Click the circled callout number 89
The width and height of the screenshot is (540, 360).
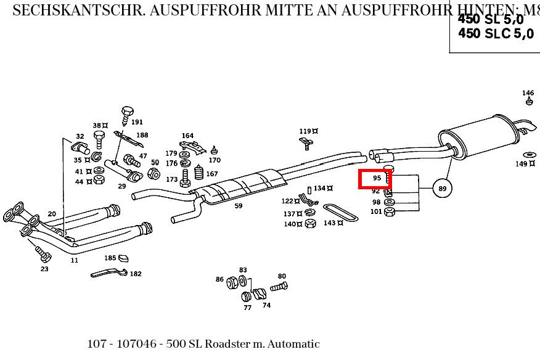pos(442,188)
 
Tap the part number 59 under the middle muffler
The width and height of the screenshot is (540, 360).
pos(238,206)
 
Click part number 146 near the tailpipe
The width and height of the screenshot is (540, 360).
pos(528,94)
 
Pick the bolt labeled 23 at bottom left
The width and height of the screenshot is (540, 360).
pos(43,253)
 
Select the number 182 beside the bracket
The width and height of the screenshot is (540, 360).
pos(135,274)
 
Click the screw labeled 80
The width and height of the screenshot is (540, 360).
pos(279,286)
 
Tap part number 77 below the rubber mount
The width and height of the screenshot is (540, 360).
pos(247,307)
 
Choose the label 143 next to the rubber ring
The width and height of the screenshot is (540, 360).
pos(329,223)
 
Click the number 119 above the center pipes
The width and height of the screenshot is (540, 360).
pos(305,131)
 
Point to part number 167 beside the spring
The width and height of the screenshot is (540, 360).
pos(211,174)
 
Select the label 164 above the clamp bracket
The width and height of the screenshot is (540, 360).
pos(187,136)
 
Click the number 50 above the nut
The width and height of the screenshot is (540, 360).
pos(155,163)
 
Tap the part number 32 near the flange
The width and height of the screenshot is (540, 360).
pos(80,136)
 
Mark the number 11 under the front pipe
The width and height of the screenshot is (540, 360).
pos(74,260)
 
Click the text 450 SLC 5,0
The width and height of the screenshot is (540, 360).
pos(496,34)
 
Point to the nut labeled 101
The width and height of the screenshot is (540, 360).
pos(389,213)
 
